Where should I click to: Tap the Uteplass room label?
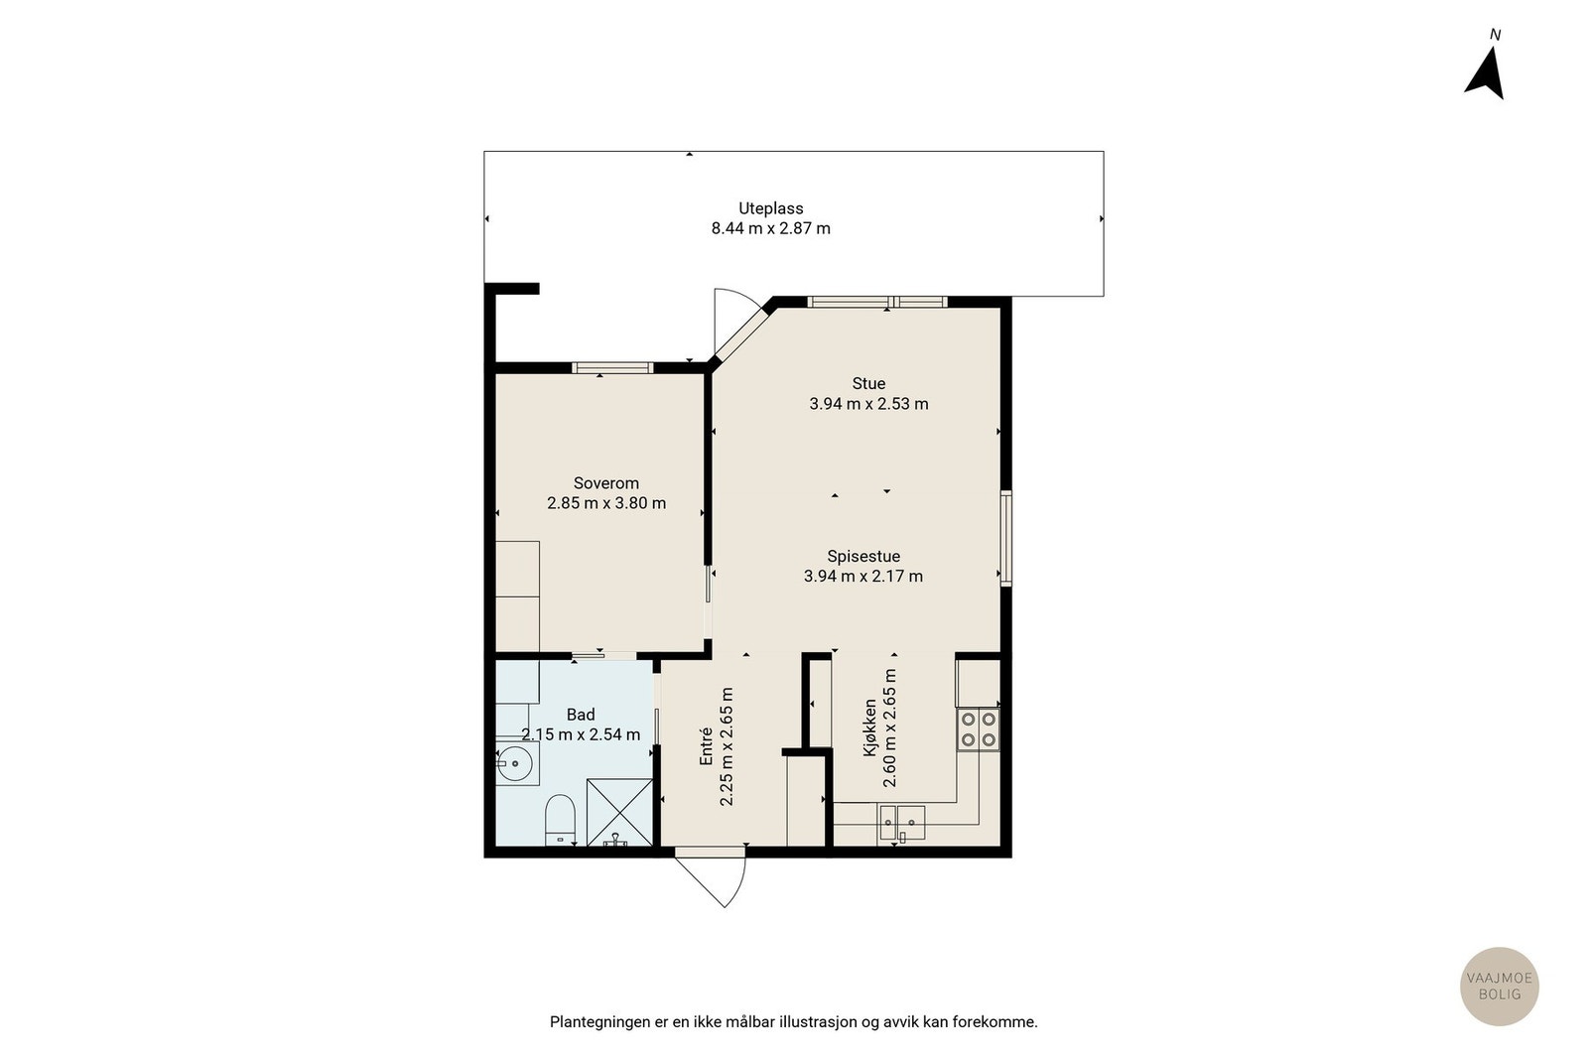click(770, 208)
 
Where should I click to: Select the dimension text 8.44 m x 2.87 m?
click(770, 228)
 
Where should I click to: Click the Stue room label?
click(868, 383)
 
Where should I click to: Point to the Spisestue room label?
click(863, 556)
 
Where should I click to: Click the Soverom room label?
click(605, 483)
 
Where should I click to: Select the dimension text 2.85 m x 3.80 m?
click(605, 503)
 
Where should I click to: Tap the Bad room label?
click(581, 715)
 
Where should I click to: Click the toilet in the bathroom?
click(561, 820)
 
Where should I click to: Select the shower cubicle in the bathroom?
click(619, 812)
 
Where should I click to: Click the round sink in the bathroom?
click(515, 764)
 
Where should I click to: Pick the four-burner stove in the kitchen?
click(978, 729)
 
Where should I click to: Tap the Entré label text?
click(707, 745)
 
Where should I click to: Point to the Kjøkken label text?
click(870, 728)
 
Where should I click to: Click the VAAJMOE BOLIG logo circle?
click(1499, 986)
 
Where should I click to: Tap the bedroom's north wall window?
click(613, 368)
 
